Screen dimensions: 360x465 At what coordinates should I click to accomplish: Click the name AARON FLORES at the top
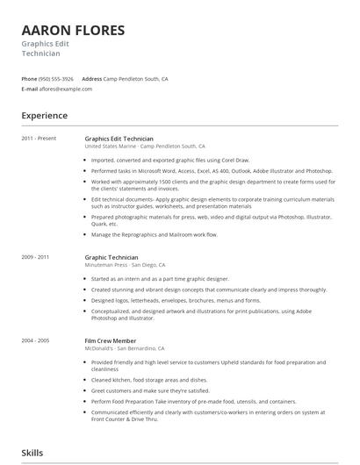pyautogui.click(x=73, y=31)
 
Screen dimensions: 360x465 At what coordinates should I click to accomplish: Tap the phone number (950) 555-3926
pyautogui.click(x=56, y=79)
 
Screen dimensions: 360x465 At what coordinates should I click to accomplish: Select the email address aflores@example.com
pyautogui.click(x=66, y=89)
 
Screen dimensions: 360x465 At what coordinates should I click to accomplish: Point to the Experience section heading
pyautogui.click(x=44, y=116)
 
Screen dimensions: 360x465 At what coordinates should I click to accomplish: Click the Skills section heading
pyautogui.click(x=33, y=453)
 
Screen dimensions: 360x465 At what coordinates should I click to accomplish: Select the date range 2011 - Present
pyautogui.click(x=39, y=139)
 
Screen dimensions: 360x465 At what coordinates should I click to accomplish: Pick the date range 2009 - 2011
pyautogui.click(x=35, y=257)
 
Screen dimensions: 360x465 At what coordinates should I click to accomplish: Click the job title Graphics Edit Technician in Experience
pyautogui.click(x=119, y=139)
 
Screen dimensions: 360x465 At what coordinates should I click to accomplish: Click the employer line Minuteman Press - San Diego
pyautogui.click(x=124, y=264)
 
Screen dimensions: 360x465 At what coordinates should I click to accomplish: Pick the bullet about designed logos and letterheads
pyautogui.click(x=163, y=300)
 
